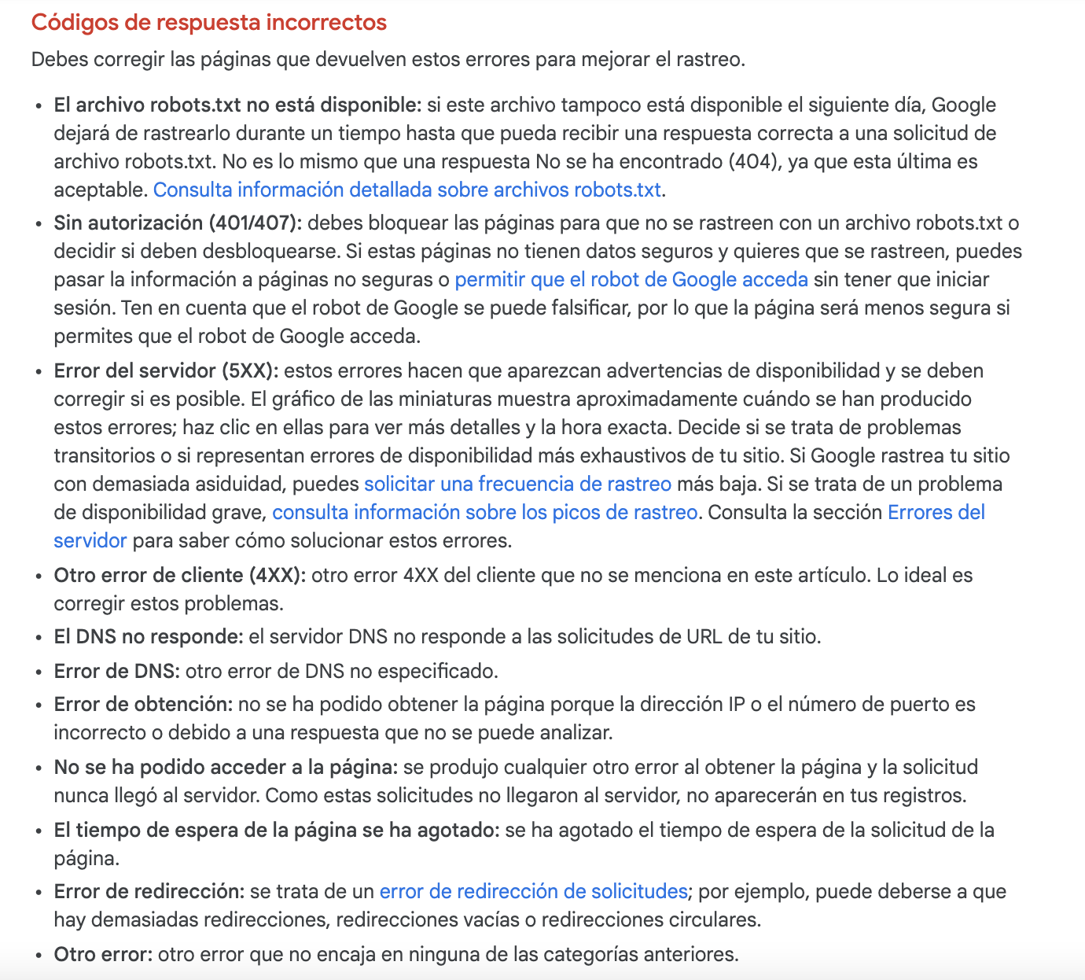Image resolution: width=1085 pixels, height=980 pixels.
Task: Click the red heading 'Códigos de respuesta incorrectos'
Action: pos(208,22)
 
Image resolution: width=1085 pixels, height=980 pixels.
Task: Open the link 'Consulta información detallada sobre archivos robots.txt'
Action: pos(407,190)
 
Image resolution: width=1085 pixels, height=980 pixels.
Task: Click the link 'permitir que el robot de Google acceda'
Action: pos(631,279)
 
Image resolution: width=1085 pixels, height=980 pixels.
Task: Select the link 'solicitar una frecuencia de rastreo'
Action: pos(517,484)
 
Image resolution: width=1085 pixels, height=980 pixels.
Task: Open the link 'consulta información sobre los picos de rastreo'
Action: pos(484,512)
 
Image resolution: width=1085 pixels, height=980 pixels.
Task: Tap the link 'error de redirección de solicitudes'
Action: pos(533,891)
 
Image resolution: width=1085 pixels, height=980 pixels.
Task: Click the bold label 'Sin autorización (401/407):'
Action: pos(178,223)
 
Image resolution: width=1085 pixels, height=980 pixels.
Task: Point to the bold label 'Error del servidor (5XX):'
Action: pos(166,370)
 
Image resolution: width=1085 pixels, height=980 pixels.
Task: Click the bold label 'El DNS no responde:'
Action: pos(148,636)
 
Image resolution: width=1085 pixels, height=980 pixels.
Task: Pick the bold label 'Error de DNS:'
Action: pos(116,671)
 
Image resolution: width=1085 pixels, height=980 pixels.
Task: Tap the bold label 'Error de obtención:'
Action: pos(143,704)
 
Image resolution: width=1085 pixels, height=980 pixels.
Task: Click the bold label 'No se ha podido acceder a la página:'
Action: pos(226,767)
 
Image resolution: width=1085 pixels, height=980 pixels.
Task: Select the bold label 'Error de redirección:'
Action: pos(149,891)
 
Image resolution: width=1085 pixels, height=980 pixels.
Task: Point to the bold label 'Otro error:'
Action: pos(102,954)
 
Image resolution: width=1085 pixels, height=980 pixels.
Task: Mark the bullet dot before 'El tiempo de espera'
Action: pos(39,831)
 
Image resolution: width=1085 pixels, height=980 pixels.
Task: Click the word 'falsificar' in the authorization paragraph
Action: pos(585,308)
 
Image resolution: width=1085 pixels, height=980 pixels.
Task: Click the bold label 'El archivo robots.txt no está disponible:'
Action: pos(237,105)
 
